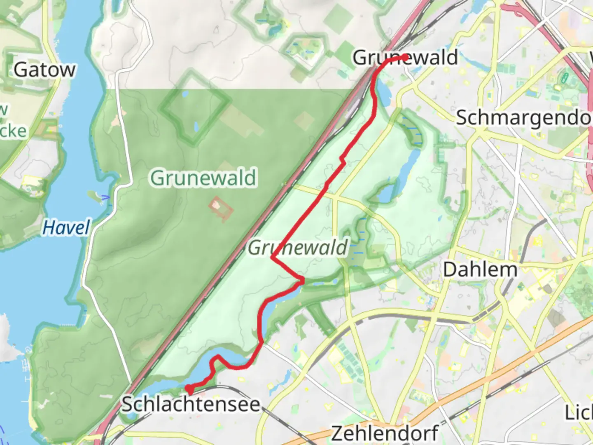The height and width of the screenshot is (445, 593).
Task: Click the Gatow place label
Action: point(44,70)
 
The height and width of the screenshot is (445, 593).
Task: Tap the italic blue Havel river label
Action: point(66,227)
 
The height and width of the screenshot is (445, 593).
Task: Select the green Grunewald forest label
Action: point(203,178)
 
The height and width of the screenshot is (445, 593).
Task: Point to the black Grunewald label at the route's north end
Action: point(405,57)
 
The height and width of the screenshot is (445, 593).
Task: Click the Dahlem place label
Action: point(480,270)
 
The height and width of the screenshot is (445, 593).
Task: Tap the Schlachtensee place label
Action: point(191,405)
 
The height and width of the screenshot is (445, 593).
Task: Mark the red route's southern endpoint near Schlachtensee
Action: point(189,388)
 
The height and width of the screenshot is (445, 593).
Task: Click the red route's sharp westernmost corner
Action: point(272,258)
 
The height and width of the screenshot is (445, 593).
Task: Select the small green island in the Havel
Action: point(94,197)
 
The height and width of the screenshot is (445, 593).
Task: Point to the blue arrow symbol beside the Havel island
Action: point(106,198)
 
